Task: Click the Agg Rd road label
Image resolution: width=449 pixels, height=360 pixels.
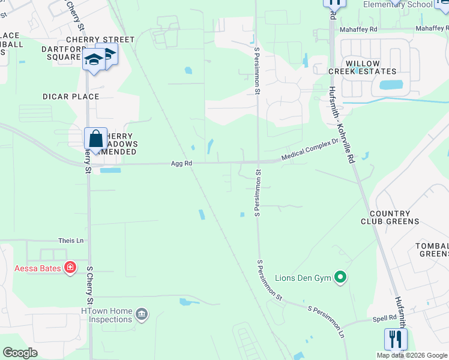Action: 181,163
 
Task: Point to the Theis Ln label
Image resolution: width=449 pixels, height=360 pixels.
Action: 71,241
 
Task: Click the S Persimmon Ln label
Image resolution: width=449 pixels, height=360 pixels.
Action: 327,321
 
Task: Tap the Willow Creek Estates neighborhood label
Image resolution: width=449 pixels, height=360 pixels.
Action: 363,67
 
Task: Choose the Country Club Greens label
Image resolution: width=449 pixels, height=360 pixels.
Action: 394,217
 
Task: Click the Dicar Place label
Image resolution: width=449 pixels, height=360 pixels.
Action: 71,97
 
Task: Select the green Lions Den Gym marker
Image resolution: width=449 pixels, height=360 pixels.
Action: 340,277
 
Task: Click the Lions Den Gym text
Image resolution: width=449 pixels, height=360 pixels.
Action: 303,278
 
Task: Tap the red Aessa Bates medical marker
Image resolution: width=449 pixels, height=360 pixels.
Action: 70,266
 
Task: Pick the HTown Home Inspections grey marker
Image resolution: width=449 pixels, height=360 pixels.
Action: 141,313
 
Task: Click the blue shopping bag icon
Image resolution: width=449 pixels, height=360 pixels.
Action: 95,139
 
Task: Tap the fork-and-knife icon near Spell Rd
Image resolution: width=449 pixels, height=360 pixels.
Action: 396,339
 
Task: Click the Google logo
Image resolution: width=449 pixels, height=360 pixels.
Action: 20,353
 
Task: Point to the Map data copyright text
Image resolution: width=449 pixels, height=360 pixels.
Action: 412,355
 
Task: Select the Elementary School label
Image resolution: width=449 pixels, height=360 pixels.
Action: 397,5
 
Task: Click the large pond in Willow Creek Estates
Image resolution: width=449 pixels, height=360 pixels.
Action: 387,85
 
